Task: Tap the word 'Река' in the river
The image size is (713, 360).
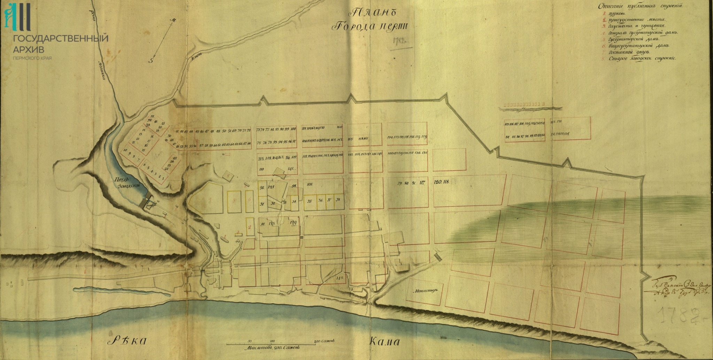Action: pyautogui.click(x=129, y=340)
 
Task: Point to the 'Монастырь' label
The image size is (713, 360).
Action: pyautogui.click(x=426, y=291)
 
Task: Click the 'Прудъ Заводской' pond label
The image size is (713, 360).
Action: pyautogui.click(x=128, y=182)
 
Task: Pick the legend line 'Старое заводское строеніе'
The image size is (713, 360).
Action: pyautogui.click(x=642, y=58)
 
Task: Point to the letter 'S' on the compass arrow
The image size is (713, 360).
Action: pyautogui.click(x=151, y=60)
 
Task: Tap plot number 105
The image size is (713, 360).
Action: pyautogui.click(x=310, y=184)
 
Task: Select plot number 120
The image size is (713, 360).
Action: pyautogui.click(x=438, y=182)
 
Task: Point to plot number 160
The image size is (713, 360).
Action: pyautogui.click(x=340, y=127)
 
